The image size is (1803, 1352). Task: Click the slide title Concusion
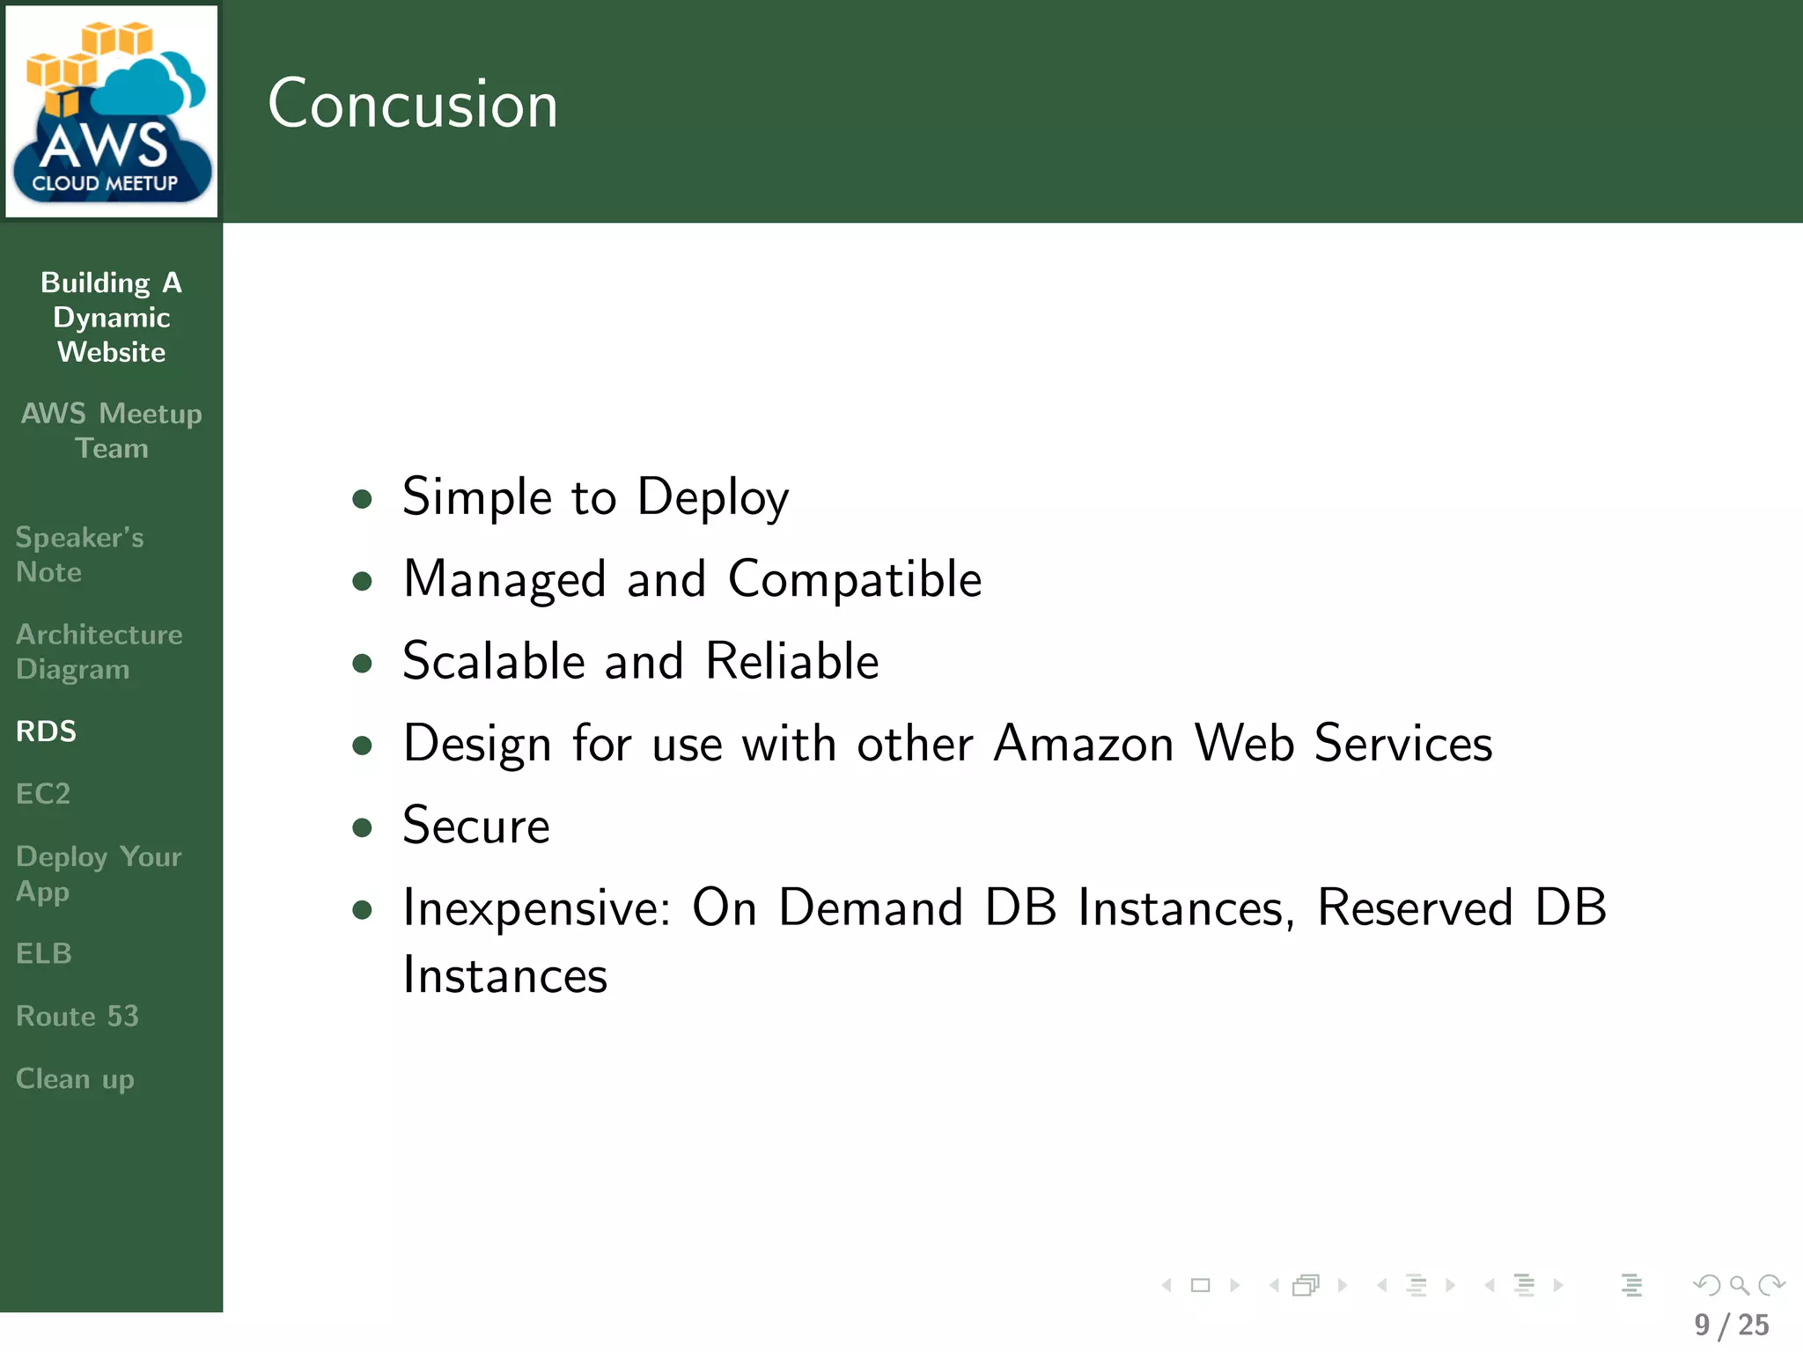pos(412,104)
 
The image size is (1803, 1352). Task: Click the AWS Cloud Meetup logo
pos(112,112)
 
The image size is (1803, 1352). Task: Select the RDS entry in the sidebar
pos(47,731)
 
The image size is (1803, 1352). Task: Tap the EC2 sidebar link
pos(43,794)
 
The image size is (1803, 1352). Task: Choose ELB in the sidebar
pos(44,953)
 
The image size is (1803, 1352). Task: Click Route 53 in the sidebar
pos(77,1017)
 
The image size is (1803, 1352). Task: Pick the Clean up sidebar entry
pos(75,1079)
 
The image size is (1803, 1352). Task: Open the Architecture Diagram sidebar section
pos(99,651)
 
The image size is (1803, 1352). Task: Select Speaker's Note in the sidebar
pos(79,555)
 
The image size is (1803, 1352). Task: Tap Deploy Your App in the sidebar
pos(99,874)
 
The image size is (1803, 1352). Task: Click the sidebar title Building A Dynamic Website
pos(112,317)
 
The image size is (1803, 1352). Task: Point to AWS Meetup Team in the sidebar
pos(112,430)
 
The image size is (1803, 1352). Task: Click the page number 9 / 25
pos(1731,1325)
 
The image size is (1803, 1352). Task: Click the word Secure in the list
pos(476,826)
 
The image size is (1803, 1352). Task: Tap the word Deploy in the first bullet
pos(712,498)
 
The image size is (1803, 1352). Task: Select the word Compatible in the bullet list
pos(855,579)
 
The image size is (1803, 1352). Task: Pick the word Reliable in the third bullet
pos(792,661)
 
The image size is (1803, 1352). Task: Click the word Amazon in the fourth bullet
pos(1084,744)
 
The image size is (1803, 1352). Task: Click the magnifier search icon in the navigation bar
pos(1739,1286)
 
